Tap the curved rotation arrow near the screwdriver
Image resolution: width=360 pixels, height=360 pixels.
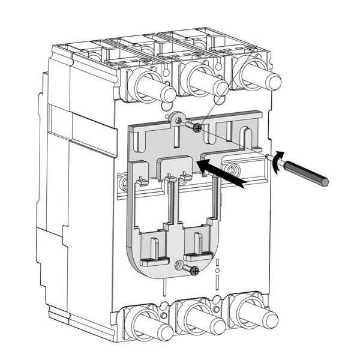[x=277, y=161]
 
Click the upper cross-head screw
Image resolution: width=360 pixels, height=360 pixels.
[x=196, y=126]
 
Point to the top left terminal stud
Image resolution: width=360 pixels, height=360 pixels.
[x=153, y=88]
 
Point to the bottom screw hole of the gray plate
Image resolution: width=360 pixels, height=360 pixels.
[x=178, y=265]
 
